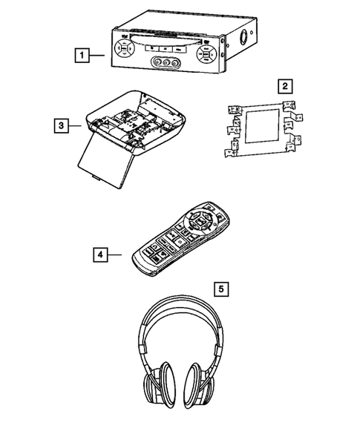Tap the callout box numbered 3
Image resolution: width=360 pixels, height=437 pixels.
[61, 125]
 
